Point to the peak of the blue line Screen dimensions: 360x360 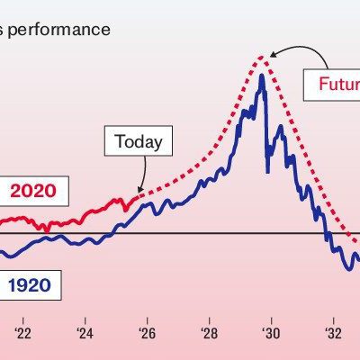(x=261, y=75)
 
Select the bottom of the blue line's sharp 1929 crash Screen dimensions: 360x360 (x=266, y=171)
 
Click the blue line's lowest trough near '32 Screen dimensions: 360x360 (x=347, y=269)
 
